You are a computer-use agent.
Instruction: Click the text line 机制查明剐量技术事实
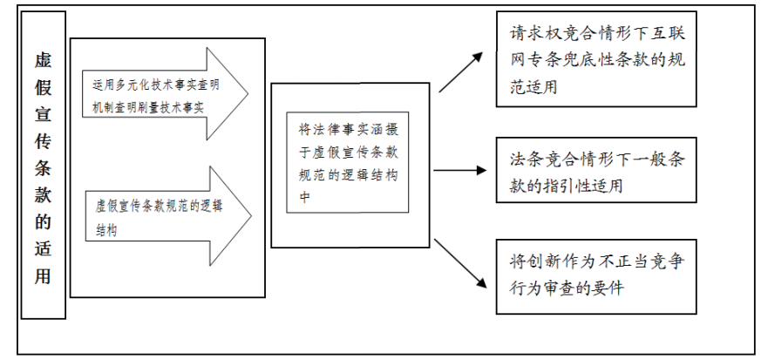[x=148, y=106]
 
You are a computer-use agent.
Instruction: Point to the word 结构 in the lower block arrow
[x=107, y=233]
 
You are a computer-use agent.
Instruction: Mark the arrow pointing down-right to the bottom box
[x=459, y=262]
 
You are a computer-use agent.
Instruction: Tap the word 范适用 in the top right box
[x=534, y=88]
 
